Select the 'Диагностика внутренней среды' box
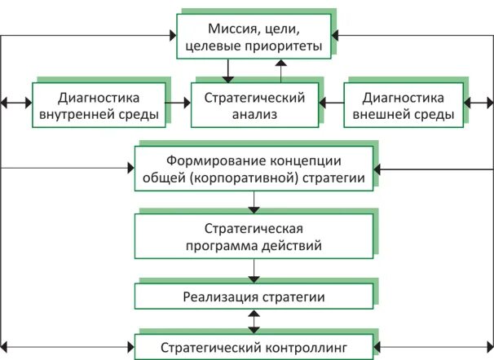coord(99,103)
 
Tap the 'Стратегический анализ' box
coord(254,103)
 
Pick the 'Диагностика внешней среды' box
coord(402,103)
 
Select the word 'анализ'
coord(254,114)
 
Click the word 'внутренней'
coord(84,114)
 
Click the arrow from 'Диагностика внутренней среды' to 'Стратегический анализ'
coord(179,103)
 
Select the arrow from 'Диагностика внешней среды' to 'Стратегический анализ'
coord(330,103)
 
